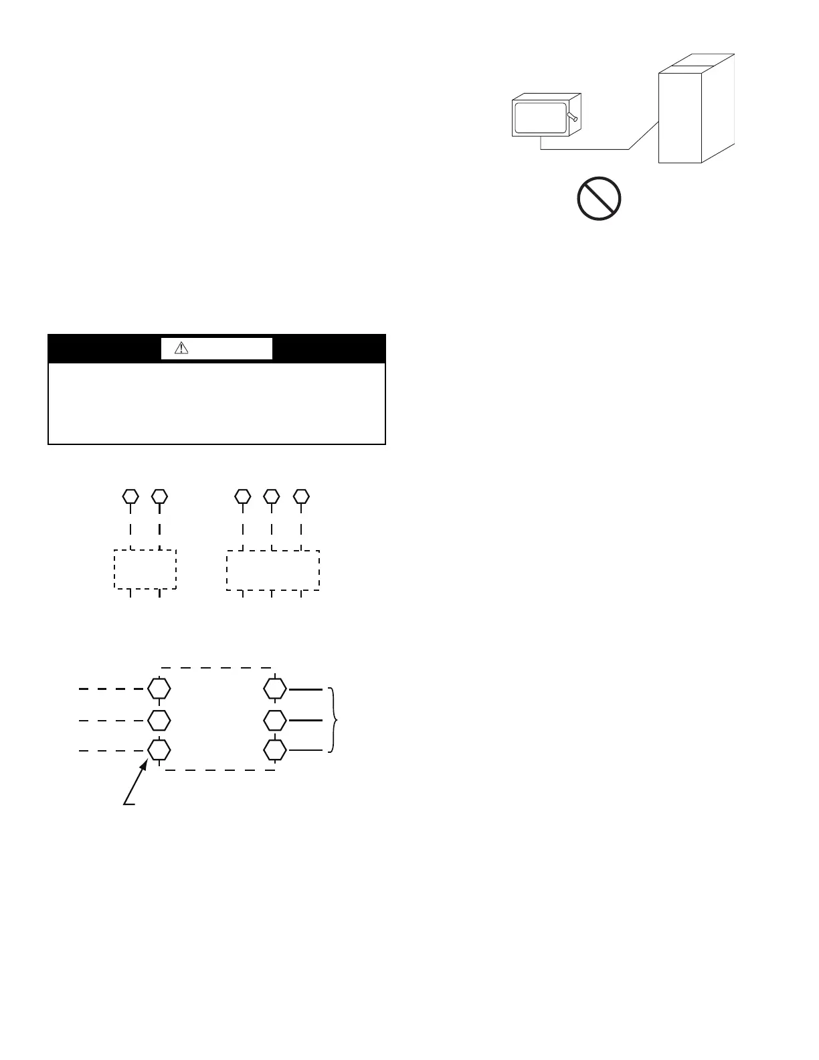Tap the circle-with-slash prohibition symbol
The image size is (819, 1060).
pyautogui.click(x=599, y=199)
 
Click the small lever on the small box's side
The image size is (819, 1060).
pyautogui.click(x=571, y=118)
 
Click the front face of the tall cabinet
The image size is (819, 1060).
pyautogui.click(x=679, y=117)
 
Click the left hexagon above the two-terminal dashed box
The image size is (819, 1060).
pyautogui.click(x=130, y=497)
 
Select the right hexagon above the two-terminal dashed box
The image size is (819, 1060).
pyautogui.click(x=159, y=497)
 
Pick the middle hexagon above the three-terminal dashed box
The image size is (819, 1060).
pyautogui.click(x=271, y=497)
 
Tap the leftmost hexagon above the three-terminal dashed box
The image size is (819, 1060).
pyautogui.click(x=243, y=497)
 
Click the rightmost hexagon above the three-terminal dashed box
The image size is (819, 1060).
pyautogui.click(x=302, y=497)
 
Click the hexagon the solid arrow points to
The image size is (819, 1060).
pyautogui.click(x=159, y=750)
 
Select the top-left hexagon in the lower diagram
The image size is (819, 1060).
pyautogui.click(x=159, y=688)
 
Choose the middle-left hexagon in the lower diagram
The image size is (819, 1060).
pyautogui.click(x=159, y=720)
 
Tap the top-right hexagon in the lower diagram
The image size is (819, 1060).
pyautogui.click(x=274, y=688)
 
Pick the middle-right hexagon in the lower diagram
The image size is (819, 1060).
pyautogui.click(x=274, y=720)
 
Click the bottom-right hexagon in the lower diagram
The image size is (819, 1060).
pyautogui.click(x=274, y=750)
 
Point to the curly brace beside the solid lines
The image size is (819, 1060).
pyautogui.click(x=334, y=720)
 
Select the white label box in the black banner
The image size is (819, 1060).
pyautogui.click(x=217, y=348)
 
